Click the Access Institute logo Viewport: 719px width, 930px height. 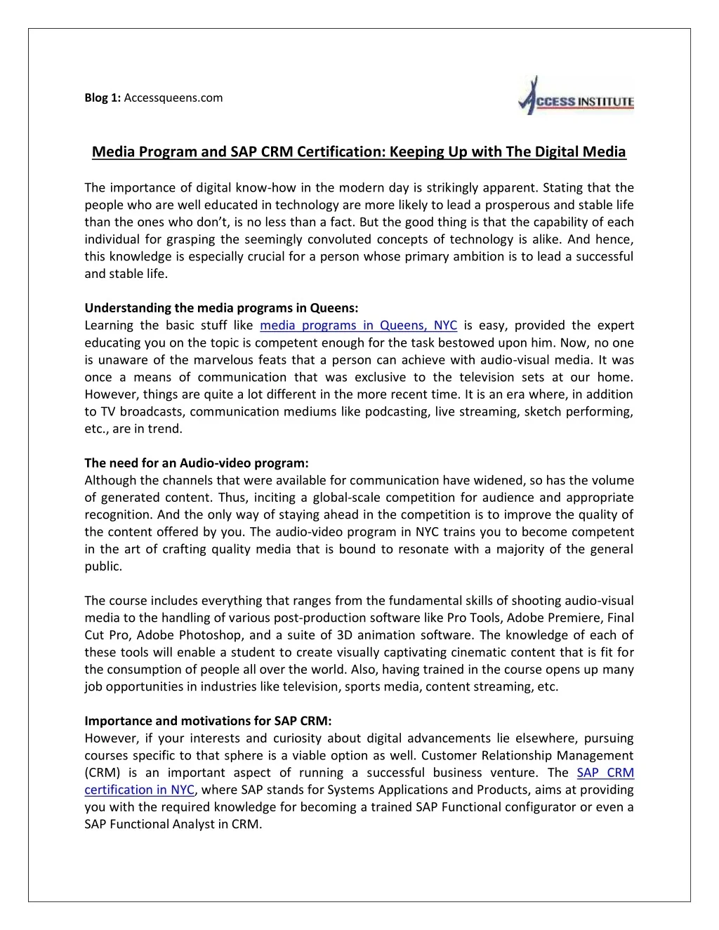point(576,96)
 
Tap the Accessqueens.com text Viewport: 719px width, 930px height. point(173,98)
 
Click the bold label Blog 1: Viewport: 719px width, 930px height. point(103,98)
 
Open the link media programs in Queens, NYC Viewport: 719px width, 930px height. point(358,325)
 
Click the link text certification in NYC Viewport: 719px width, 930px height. point(139,790)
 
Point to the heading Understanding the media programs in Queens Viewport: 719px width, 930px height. point(221,307)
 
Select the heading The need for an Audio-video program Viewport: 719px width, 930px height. point(197,463)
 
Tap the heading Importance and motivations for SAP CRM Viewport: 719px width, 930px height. point(208,721)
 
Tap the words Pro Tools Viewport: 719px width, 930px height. point(473,618)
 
